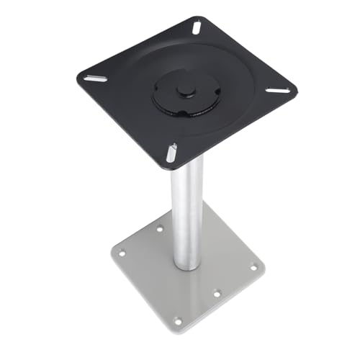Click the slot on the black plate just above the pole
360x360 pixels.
coord(171,152)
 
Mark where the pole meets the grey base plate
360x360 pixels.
coord(187,265)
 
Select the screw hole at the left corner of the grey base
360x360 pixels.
coord(121,252)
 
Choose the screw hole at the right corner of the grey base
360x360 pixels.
coord(253,267)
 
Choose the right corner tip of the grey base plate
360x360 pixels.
coord(265,268)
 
